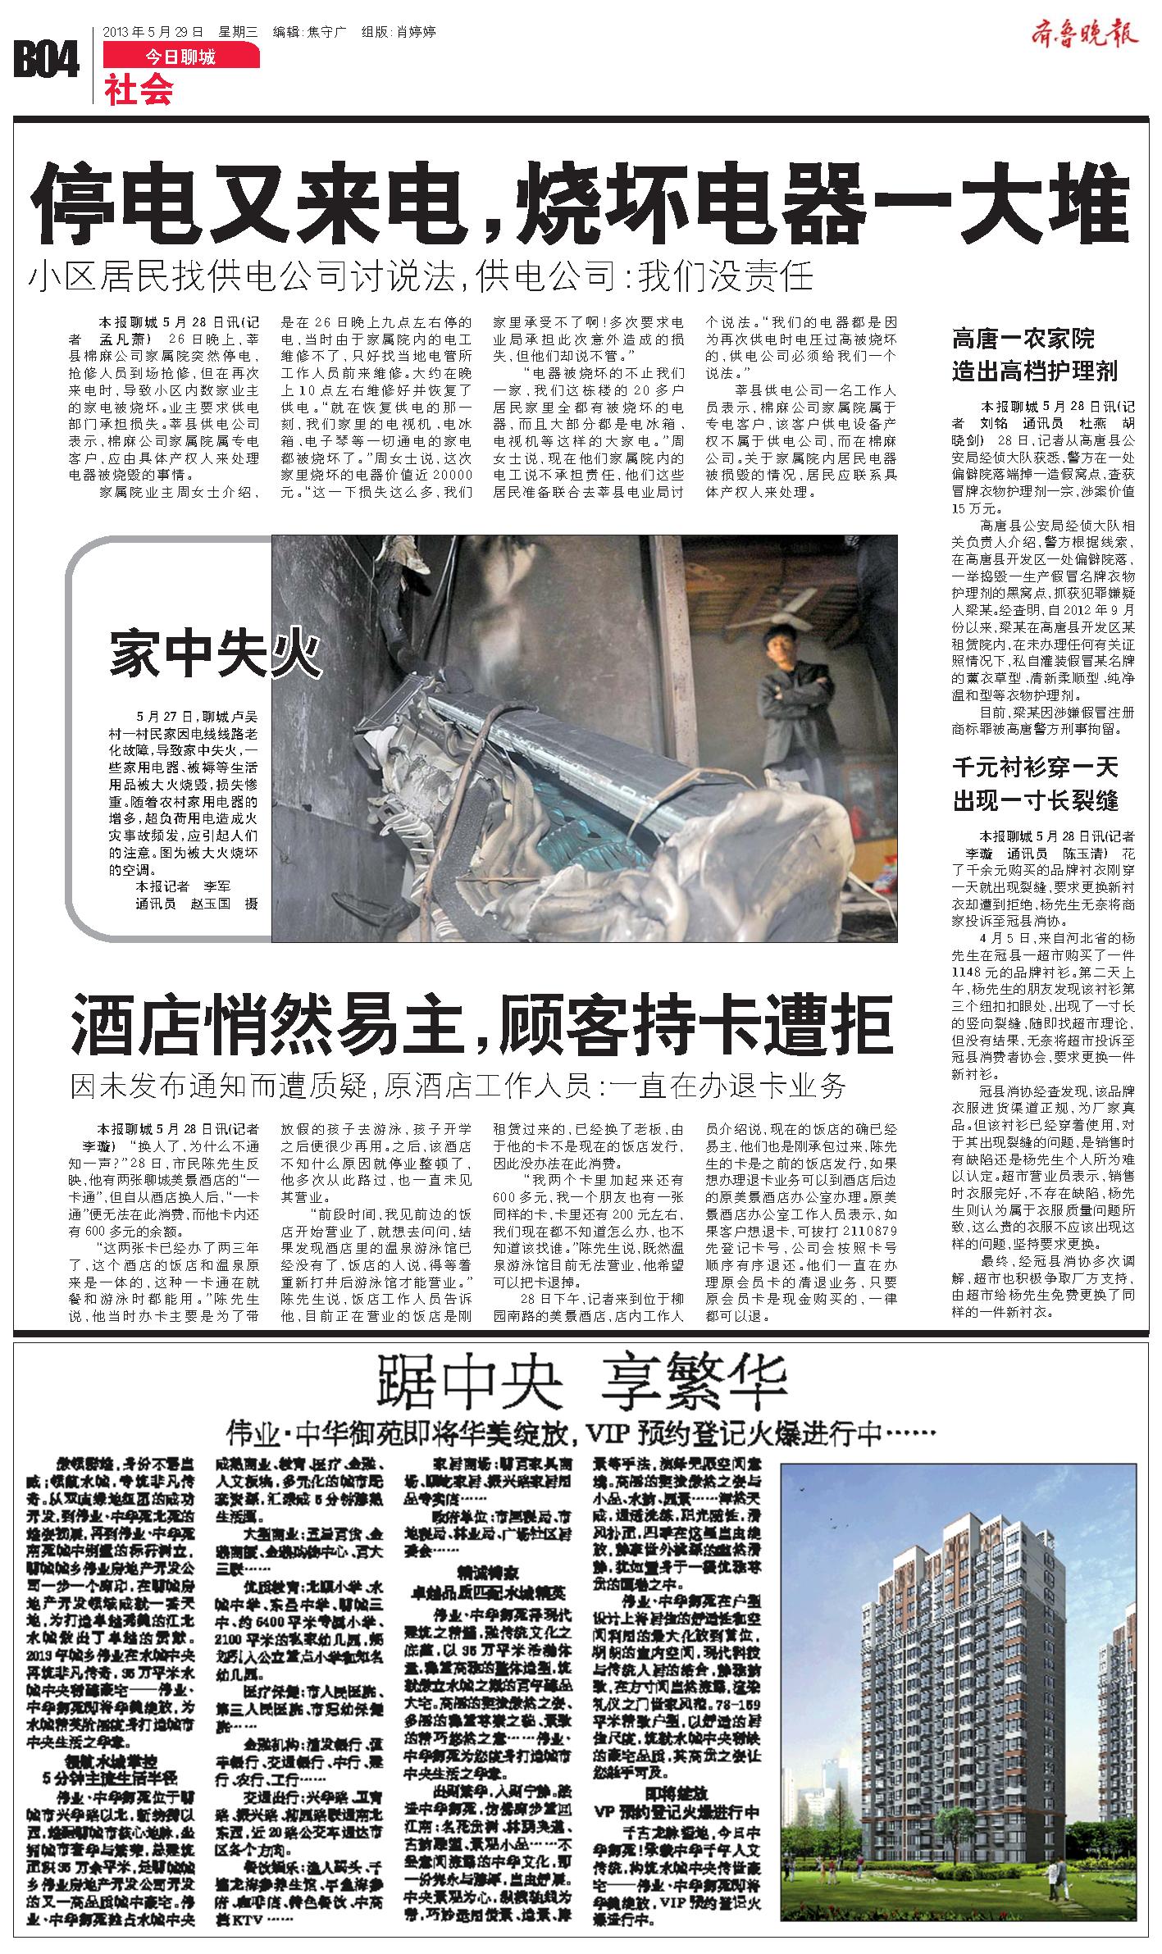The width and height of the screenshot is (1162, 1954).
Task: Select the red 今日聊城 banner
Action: tap(181, 57)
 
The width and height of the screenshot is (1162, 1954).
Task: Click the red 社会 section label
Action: tap(139, 89)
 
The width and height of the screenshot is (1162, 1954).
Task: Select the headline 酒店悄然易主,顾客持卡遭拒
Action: tap(481, 1021)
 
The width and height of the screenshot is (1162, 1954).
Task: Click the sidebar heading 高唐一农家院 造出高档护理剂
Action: tap(1034, 353)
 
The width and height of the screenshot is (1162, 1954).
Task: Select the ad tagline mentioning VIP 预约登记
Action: tap(581, 1434)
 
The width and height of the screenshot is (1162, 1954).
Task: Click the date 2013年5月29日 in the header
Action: tap(153, 32)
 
